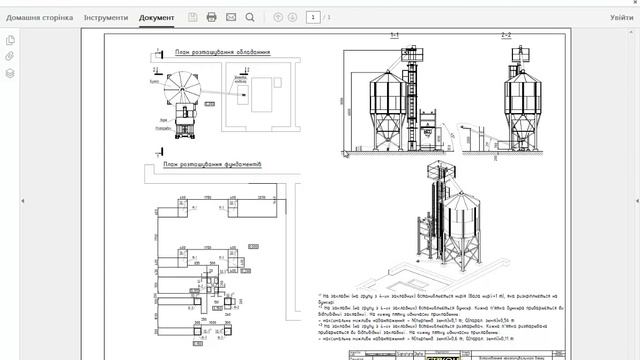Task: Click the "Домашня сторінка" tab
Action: point(39,18)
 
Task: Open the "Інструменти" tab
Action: point(105,18)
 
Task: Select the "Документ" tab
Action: point(156,18)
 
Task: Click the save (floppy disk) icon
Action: point(192,18)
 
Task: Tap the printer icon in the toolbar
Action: point(211,18)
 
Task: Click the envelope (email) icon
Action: point(231,18)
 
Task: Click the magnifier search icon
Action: point(250,18)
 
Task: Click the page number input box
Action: point(313,18)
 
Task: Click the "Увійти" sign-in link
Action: point(621,18)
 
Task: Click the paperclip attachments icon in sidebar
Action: point(10,57)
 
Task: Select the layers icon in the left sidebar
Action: point(10,73)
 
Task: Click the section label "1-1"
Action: point(394,36)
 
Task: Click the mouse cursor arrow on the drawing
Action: point(346,153)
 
